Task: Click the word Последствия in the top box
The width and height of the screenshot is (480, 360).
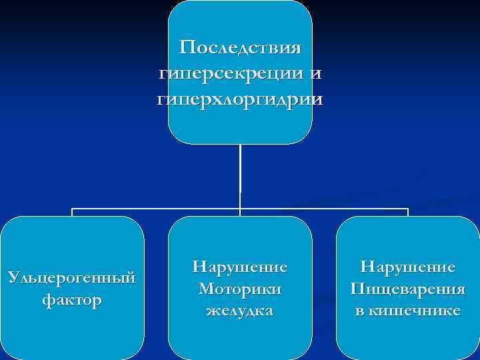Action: [240, 49]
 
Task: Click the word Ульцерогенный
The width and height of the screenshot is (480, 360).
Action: [72, 276]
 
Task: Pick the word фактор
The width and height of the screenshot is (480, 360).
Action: [72, 301]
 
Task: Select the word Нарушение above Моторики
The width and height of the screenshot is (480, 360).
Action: [240, 267]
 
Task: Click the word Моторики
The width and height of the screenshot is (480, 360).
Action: [240, 289]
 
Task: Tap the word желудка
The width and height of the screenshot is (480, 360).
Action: [240, 311]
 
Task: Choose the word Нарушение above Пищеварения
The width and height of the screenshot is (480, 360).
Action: [408, 267]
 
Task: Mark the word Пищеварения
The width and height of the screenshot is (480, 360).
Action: [408, 289]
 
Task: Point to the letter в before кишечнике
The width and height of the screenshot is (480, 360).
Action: [361, 311]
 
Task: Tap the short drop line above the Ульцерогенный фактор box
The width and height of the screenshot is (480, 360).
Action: [72, 213]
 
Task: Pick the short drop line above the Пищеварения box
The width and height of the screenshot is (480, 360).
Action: [408, 213]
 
